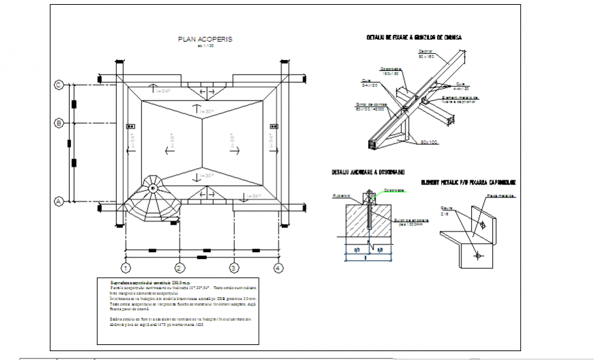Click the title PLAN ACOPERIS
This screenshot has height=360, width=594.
[x=205, y=40]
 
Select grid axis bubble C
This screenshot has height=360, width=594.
[x=59, y=85]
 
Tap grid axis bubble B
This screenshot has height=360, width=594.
[x=59, y=123]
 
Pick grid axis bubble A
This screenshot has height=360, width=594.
[x=59, y=202]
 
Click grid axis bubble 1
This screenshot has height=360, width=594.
[x=125, y=268]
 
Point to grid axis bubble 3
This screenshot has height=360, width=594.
[x=234, y=268]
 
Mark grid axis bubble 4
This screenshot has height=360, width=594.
[x=278, y=268]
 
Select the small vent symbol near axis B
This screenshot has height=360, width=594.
[x=130, y=126]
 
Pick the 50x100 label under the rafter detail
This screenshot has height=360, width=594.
[x=428, y=142]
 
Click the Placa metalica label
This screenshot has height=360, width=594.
[x=500, y=196]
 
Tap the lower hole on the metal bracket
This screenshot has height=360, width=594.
[x=478, y=255]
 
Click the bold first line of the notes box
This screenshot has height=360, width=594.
[x=146, y=281]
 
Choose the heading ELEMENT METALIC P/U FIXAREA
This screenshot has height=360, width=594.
[x=468, y=182]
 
